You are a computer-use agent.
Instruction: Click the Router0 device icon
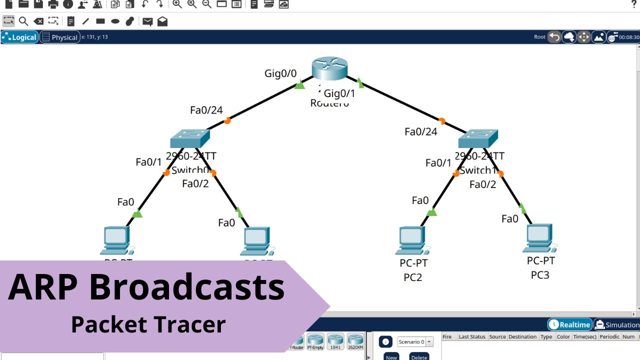click(x=329, y=68)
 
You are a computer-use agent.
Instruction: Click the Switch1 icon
click(x=478, y=138)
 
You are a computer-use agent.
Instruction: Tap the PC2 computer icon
click(x=412, y=240)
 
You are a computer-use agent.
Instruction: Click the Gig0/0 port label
click(x=280, y=73)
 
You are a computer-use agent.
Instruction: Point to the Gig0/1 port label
click(x=339, y=93)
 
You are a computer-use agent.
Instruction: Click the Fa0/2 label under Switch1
click(x=482, y=184)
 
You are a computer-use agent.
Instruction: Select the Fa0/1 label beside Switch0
click(x=148, y=162)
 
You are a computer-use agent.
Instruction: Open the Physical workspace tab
click(x=60, y=37)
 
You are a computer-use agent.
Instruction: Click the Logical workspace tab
click(x=20, y=37)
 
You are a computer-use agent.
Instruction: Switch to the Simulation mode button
click(x=617, y=325)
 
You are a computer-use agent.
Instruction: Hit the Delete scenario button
click(x=419, y=356)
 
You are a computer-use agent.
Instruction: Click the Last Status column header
click(x=471, y=336)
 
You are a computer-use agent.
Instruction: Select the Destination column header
click(x=522, y=336)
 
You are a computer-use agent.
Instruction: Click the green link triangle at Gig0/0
click(x=299, y=85)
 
